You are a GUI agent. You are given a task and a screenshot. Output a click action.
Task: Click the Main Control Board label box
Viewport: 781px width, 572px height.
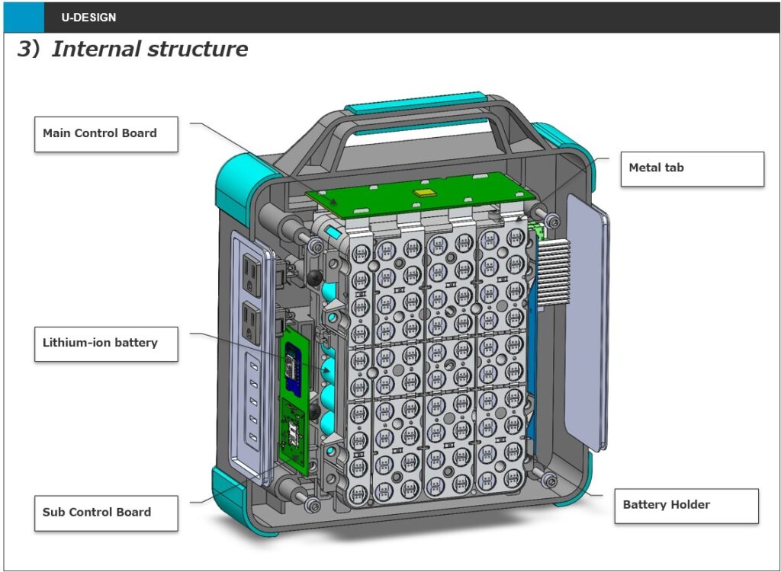tap(106, 134)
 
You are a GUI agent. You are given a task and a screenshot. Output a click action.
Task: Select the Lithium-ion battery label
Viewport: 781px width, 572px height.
tap(106, 344)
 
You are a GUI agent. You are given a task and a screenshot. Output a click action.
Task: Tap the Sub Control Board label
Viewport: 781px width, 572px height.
tap(106, 513)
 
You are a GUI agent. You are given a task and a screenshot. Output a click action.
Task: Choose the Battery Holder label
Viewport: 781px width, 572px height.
tap(686, 506)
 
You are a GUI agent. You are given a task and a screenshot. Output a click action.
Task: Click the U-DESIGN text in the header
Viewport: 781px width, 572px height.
tap(88, 17)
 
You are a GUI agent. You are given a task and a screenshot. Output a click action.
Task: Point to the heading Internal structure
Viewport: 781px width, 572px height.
tap(149, 50)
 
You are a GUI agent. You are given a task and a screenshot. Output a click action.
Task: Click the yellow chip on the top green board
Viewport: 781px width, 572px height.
tap(422, 193)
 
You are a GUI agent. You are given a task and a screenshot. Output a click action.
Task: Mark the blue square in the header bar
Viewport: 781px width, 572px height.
tap(23, 17)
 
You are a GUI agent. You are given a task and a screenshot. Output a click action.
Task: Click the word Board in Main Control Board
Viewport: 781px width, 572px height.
tap(140, 133)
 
